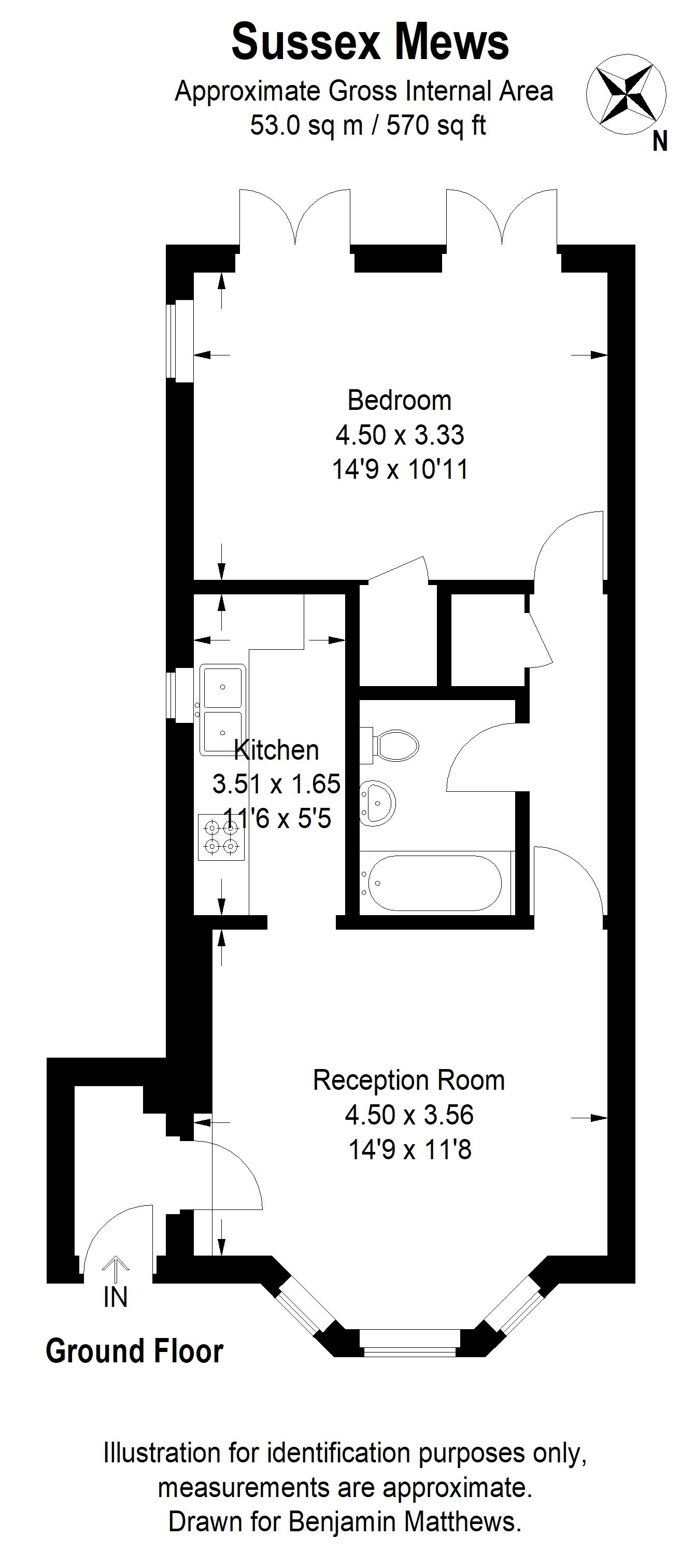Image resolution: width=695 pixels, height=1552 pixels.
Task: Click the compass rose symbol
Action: pos(627,93)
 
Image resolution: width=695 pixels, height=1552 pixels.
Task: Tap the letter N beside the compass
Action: pos(660,141)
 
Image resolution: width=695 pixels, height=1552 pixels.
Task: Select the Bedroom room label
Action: pos(399,401)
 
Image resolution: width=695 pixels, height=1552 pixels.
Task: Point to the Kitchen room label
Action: pos(277,750)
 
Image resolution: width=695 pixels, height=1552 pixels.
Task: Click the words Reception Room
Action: pos(409,1080)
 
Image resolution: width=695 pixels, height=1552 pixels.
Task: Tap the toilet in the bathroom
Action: pos(392,745)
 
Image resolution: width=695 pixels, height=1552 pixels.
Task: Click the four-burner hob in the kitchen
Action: pos(221,837)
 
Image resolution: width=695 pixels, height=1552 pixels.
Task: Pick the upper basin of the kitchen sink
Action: pos(223,687)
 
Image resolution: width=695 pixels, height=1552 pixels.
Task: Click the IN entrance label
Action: pos(115,1297)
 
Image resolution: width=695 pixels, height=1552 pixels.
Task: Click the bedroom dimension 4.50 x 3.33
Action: pos(400,435)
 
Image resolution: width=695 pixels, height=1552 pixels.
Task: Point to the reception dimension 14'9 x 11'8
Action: pos(409,1150)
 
